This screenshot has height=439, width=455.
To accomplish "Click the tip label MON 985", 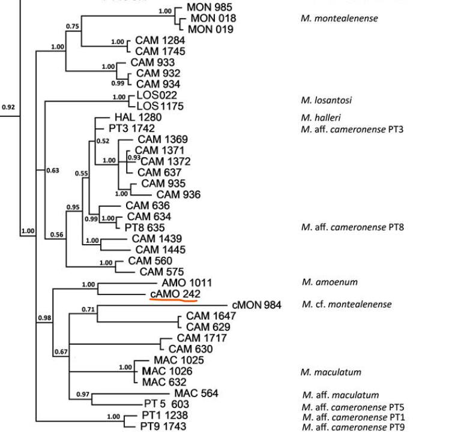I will coord(209,7).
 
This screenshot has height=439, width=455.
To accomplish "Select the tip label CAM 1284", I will coord(151,40).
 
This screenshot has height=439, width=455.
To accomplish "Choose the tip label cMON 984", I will coord(256,305).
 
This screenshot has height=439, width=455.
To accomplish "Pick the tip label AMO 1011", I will coord(187,282).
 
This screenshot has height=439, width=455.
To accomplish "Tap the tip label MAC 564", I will coord(196,393).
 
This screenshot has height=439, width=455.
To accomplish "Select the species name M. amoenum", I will coord(329,282).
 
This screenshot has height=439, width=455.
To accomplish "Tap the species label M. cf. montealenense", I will coord(346,304).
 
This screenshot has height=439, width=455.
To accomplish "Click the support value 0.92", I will coord(8,107).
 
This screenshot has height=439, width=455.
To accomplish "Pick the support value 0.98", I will coord(43,317).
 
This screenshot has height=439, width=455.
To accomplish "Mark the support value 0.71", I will coord(89,309).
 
